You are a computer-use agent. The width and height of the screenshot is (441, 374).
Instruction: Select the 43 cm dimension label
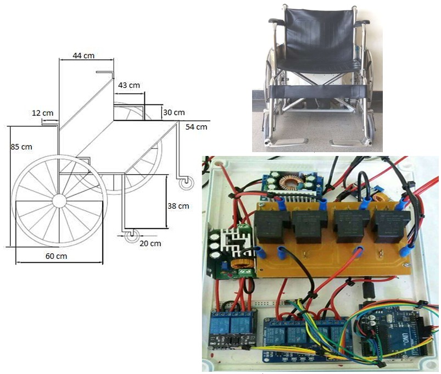click(129, 85)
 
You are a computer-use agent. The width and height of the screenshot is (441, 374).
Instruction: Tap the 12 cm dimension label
click(43, 113)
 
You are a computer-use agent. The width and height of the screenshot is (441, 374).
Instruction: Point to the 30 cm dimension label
click(174, 112)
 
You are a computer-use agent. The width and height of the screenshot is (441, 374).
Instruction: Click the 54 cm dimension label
click(197, 127)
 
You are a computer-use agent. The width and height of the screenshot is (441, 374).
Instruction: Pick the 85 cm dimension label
click(21, 147)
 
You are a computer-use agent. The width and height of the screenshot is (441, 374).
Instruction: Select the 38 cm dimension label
click(177, 206)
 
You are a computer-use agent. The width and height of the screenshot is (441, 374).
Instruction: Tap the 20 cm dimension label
click(150, 243)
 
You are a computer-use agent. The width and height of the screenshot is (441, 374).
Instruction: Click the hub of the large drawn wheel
click(59, 200)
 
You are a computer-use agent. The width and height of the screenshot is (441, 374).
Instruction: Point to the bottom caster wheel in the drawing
click(131, 237)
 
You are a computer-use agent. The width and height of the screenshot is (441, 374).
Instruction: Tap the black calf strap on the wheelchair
click(318, 91)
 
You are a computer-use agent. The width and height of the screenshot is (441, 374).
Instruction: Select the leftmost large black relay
click(272, 226)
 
